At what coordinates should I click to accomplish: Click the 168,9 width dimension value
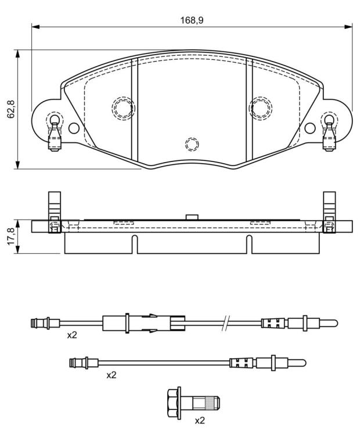pos(192,20)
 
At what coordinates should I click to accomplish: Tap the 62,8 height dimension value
pos(12,109)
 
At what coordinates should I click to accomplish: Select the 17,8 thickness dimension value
pos(12,236)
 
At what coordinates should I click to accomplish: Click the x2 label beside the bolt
pos(200,420)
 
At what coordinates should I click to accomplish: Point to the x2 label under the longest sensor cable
pos(72,335)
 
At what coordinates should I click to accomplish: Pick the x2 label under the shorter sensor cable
pos(111,376)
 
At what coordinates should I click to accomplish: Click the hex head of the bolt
pos(174,403)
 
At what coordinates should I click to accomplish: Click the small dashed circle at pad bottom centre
pos(192,144)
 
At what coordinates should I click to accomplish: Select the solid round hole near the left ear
pos(74,128)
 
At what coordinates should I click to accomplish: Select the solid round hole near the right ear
pos(310,128)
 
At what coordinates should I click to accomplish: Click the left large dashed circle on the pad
pos(123,108)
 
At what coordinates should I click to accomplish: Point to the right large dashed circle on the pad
pos(261,108)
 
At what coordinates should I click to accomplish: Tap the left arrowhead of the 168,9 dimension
pos(35,27)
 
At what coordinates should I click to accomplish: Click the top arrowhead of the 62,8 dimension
pos(17,54)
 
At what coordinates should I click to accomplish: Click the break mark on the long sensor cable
pos(225,323)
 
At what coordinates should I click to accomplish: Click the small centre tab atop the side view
pos(192,217)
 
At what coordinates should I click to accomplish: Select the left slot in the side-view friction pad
pos(135,244)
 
